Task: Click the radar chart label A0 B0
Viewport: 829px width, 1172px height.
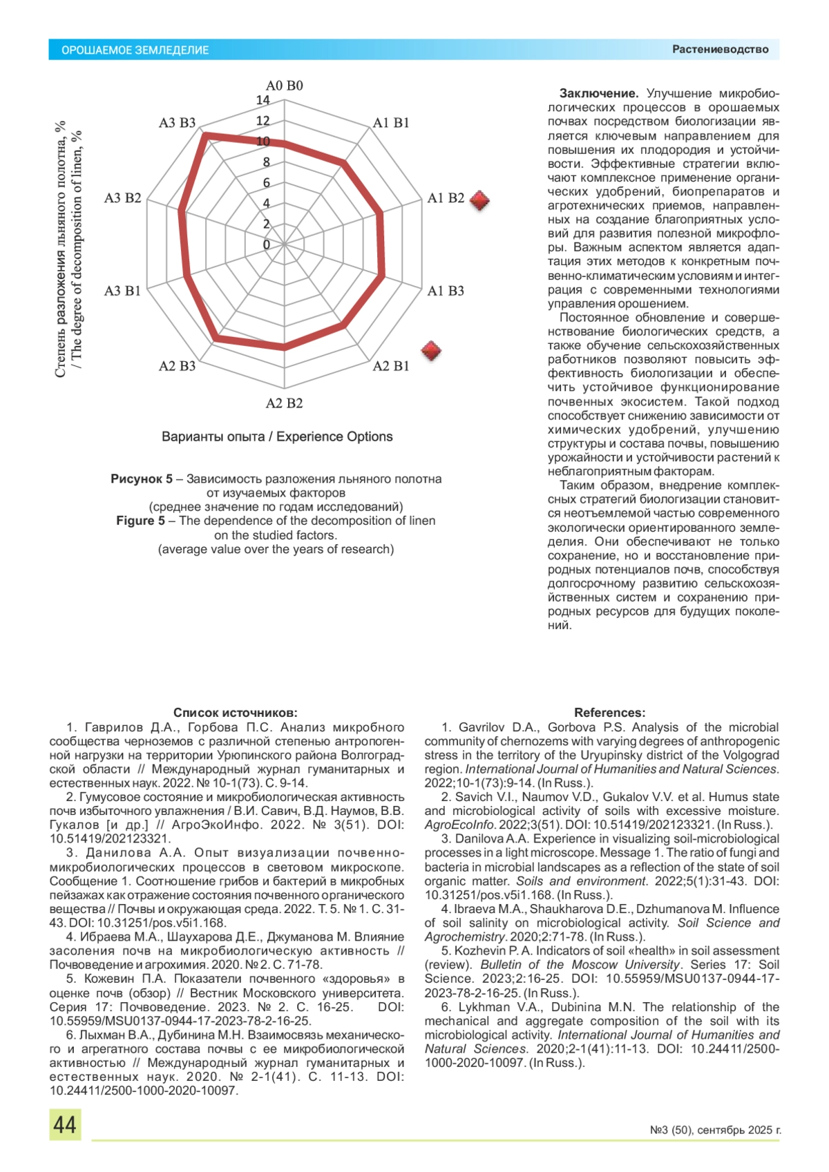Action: (x=284, y=86)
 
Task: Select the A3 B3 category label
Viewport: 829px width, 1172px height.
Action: (x=177, y=123)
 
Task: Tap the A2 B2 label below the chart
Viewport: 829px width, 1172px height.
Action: (x=284, y=403)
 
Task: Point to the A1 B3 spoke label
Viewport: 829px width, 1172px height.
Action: (x=446, y=291)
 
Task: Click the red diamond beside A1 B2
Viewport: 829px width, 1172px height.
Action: (x=479, y=200)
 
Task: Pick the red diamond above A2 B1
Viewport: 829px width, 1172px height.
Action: (x=431, y=351)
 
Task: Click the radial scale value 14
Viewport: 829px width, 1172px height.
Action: (x=263, y=100)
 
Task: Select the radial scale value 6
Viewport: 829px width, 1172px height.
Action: (x=266, y=183)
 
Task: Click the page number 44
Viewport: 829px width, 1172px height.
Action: (x=65, y=1125)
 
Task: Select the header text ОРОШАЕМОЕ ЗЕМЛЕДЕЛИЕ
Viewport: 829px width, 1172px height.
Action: (x=135, y=50)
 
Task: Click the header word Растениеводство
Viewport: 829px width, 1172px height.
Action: (x=720, y=50)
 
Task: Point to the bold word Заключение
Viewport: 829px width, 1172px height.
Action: (x=598, y=93)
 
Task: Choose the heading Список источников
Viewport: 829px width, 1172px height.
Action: (x=235, y=713)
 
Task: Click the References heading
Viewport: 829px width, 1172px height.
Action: (x=609, y=713)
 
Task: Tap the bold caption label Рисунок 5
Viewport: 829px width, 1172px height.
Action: (x=142, y=479)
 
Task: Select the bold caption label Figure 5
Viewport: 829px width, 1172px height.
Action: (x=140, y=521)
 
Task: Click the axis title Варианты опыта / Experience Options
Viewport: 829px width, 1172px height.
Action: (x=277, y=436)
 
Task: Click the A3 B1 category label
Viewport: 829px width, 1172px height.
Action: (x=122, y=291)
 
